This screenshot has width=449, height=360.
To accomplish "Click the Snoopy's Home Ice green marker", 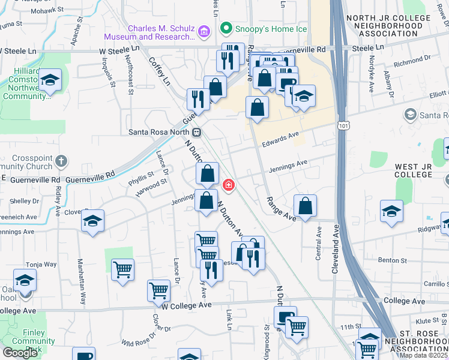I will click(226, 28).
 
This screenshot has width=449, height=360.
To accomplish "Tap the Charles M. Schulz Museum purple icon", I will click(203, 30).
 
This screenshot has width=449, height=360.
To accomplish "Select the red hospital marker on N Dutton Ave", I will click(228, 185).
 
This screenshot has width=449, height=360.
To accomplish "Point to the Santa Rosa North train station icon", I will click(196, 132).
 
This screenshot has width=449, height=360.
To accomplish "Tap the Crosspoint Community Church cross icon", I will click(62, 161).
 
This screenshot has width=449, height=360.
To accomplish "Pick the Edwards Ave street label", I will click(280, 139).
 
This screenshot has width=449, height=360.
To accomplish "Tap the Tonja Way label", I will click(41, 264).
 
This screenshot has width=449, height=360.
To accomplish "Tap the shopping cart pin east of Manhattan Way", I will click(122, 270).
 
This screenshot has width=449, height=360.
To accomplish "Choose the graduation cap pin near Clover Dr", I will click(93, 221).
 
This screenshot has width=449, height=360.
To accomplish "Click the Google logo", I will click(20, 353).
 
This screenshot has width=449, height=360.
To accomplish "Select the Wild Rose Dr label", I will click(138, 343).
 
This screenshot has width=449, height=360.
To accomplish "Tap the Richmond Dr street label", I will click(409, 61).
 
